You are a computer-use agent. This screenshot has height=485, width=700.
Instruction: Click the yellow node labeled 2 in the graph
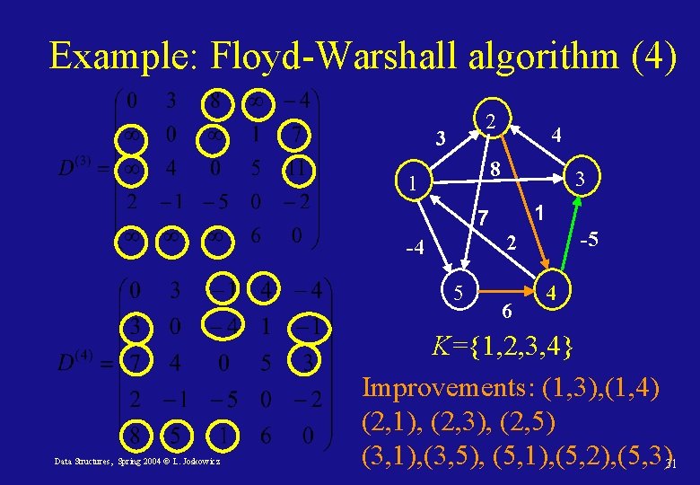pyautogui.click(x=489, y=119)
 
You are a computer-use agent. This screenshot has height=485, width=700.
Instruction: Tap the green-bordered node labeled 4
pyautogui.click(x=554, y=294)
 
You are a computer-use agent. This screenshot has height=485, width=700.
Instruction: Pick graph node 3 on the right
pyautogui.click(x=581, y=181)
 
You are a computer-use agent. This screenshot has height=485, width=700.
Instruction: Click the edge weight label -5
pyautogui.click(x=589, y=241)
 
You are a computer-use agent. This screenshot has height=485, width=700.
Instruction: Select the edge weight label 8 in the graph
pyautogui.click(x=494, y=169)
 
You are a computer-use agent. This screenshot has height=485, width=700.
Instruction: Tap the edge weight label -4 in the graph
pyautogui.click(x=414, y=247)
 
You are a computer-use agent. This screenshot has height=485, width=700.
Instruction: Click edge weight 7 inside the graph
pyautogui.click(x=482, y=217)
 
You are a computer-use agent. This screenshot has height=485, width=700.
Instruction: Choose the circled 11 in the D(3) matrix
pyautogui.click(x=296, y=168)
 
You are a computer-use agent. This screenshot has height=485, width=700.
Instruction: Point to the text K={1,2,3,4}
pyautogui.click(x=502, y=346)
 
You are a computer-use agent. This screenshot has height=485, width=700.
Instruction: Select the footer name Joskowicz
pyautogui.click(x=198, y=462)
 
